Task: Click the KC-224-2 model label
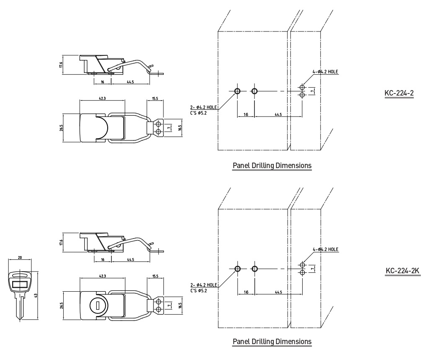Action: [x=399, y=93]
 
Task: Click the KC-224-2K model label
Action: [x=402, y=270]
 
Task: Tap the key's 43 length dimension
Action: [x=36, y=295]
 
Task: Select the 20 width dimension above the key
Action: [x=20, y=257]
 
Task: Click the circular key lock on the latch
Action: [x=97, y=306]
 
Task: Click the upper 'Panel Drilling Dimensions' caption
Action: [x=272, y=166]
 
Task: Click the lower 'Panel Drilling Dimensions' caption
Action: [x=272, y=341]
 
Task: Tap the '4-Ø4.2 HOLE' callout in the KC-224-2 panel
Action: [x=325, y=72]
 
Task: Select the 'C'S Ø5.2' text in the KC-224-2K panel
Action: [x=199, y=291]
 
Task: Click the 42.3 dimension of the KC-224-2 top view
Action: [x=102, y=98]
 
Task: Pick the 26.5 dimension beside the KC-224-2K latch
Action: [x=61, y=306]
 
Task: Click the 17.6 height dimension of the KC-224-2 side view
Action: [x=61, y=65]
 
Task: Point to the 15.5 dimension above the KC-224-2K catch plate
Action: [x=155, y=276]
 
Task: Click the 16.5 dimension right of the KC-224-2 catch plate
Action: [x=180, y=128]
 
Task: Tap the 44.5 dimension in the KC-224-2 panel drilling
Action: [x=278, y=114]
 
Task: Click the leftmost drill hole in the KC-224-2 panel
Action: [x=237, y=91]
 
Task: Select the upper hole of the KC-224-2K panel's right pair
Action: [x=302, y=265]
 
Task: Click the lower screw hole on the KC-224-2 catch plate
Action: [x=158, y=131]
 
